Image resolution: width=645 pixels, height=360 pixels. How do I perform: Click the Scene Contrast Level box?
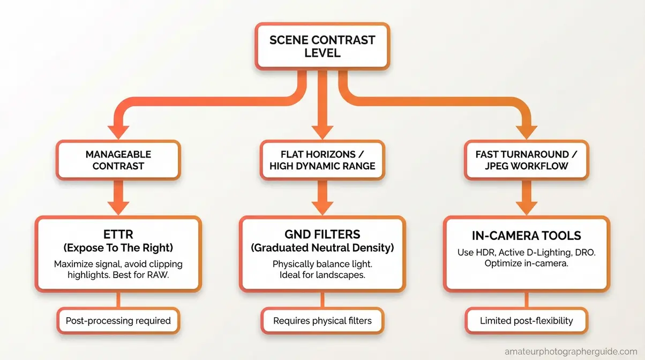click(322, 47)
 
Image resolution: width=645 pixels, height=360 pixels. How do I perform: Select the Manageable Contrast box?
click(118, 160)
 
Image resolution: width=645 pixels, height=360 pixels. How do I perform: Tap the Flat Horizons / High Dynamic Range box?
click(322, 160)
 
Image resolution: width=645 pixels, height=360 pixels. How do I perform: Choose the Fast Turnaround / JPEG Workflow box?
click(526, 160)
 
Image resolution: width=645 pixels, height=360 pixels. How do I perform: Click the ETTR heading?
click(118, 235)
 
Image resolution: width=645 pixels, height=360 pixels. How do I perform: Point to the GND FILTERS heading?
click(322, 235)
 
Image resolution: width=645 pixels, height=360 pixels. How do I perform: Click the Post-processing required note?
click(118, 321)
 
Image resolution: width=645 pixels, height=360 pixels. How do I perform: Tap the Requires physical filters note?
click(322, 321)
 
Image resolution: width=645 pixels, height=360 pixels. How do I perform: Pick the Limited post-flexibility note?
click(526, 321)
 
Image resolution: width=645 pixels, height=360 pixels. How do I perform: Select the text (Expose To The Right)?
click(118, 248)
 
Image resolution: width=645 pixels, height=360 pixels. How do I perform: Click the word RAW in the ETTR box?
click(161, 275)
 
